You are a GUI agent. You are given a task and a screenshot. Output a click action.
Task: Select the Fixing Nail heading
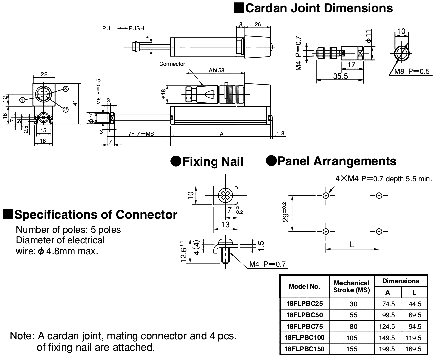pyautogui.click(x=207, y=161)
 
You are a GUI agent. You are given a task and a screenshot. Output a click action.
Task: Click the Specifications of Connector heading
pyautogui.click(x=90, y=215)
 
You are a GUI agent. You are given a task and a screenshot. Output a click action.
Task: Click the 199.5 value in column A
pyautogui.click(x=388, y=349)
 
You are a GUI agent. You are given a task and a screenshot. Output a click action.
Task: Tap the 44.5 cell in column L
pyautogui.click(x=414, y=303)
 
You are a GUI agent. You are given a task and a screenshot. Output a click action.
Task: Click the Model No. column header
pyautogui.click(x=304, y=286)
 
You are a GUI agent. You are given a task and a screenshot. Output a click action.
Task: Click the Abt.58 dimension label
pyautogui.click(x=216, y=71)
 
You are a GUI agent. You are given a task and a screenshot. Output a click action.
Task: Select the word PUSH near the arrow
pyautogui.click(x=136, y=28)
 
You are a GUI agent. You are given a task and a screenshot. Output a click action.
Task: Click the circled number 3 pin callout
pyautogui.click(x=65, y=88)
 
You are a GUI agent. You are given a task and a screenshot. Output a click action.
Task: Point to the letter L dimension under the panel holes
pyautogui.click(x=352, y=244)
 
